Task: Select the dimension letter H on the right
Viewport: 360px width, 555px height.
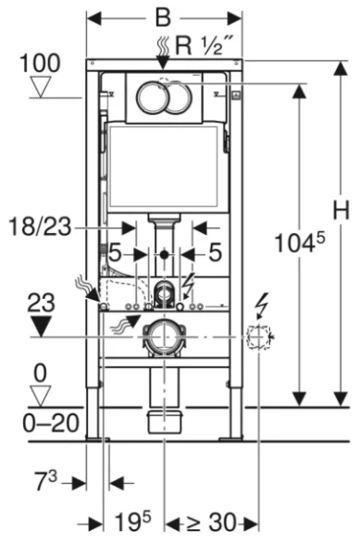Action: tap(341, 211)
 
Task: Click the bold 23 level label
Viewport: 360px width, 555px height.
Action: tap(38, 302)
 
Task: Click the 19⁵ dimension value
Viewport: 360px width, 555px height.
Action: tap(132, 524)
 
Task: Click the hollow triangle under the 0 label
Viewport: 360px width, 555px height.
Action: tap(38, 396)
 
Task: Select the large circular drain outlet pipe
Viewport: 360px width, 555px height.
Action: tap(164, 338)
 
